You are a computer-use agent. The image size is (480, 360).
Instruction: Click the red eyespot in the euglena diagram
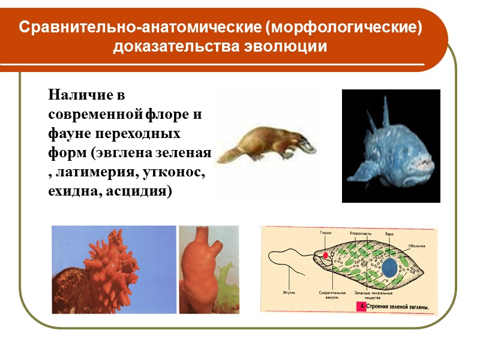[x=325, y=255]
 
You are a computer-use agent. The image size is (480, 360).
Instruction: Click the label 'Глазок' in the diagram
[x=326, y=232]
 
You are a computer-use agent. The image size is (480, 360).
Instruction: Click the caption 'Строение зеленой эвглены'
[x=398, y=307]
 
